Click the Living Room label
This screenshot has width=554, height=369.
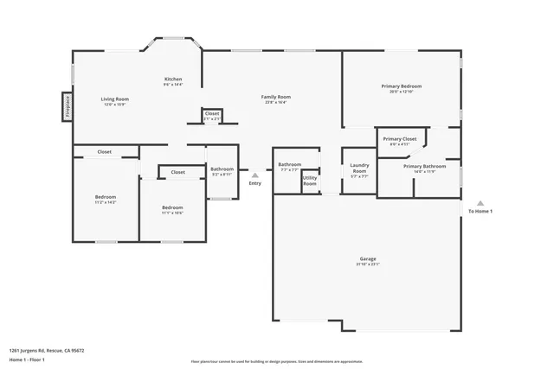point(115,99)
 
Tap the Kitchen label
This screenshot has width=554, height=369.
point(173,80)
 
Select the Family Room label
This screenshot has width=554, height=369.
point(275,97)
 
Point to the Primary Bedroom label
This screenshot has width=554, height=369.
point(402,86)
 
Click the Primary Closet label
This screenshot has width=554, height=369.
point(399,138)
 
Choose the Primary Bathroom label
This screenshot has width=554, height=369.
point(424,166)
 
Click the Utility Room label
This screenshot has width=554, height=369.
point(310,181)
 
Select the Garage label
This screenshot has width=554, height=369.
point(368,259)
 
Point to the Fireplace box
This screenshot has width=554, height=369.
point(67,105)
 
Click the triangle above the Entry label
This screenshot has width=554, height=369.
point(254,175)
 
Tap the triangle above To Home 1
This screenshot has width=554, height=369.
point(480,203)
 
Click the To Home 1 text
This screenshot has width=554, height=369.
point(480,212)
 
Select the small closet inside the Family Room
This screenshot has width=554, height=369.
point(212,114)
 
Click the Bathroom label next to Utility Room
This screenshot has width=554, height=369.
point(289,164)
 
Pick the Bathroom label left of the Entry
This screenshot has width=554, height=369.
point(222,169)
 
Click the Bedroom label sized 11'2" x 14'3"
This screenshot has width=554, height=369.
point(106,197)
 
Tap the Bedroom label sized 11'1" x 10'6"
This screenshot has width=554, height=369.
point(172,207)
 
